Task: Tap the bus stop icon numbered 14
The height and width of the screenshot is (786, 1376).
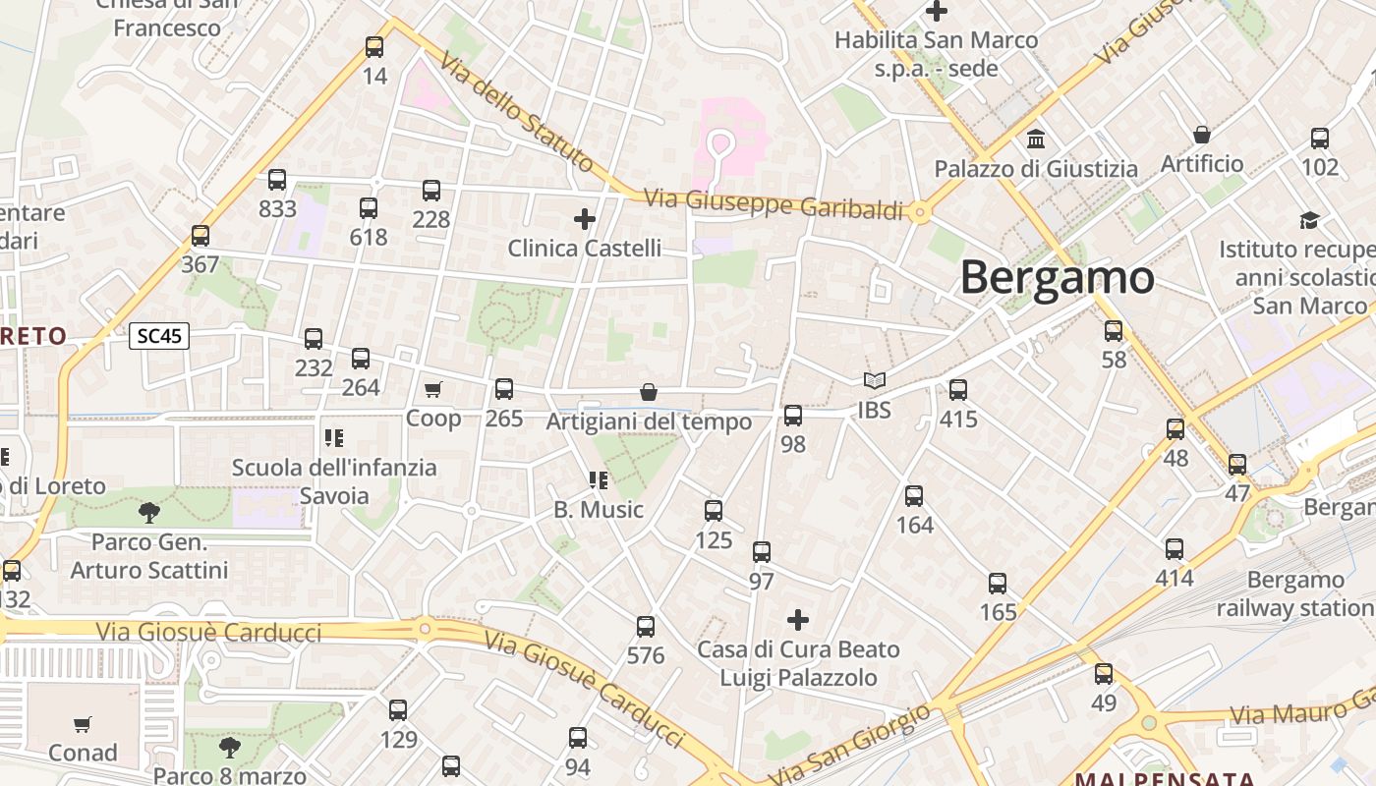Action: click(374, 46)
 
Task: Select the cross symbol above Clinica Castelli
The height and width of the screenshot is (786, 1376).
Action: click(585, 218)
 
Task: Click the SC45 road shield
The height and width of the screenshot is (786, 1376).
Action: click(159, 336)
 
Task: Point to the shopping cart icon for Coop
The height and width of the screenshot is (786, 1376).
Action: click(433, 389)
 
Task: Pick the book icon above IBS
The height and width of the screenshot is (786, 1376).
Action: click(874, 380)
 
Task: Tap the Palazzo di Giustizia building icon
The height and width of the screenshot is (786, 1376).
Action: click(1035, 139)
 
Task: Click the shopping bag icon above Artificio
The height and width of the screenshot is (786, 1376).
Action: click(1201, 135)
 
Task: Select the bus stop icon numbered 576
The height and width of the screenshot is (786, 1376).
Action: click(646, 626)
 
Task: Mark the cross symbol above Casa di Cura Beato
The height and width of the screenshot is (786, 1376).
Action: click(798, 620)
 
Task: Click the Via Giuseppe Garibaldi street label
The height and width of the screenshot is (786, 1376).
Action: click(773, 204)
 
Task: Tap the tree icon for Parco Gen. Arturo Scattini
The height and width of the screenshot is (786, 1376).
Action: click(149, 512)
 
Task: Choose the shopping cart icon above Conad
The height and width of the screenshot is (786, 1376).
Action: click(83, 724)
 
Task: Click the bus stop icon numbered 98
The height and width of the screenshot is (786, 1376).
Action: click(793, 415)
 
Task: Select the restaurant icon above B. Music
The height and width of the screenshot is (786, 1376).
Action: click(597, 479)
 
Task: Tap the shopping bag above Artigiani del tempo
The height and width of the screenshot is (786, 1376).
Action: click(649, 392)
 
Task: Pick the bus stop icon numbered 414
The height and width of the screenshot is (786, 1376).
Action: click(1175, 549)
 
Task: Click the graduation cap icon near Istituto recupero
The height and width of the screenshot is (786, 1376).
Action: click(1309, 219)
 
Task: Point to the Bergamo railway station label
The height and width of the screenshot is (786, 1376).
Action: click(1295, 593)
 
